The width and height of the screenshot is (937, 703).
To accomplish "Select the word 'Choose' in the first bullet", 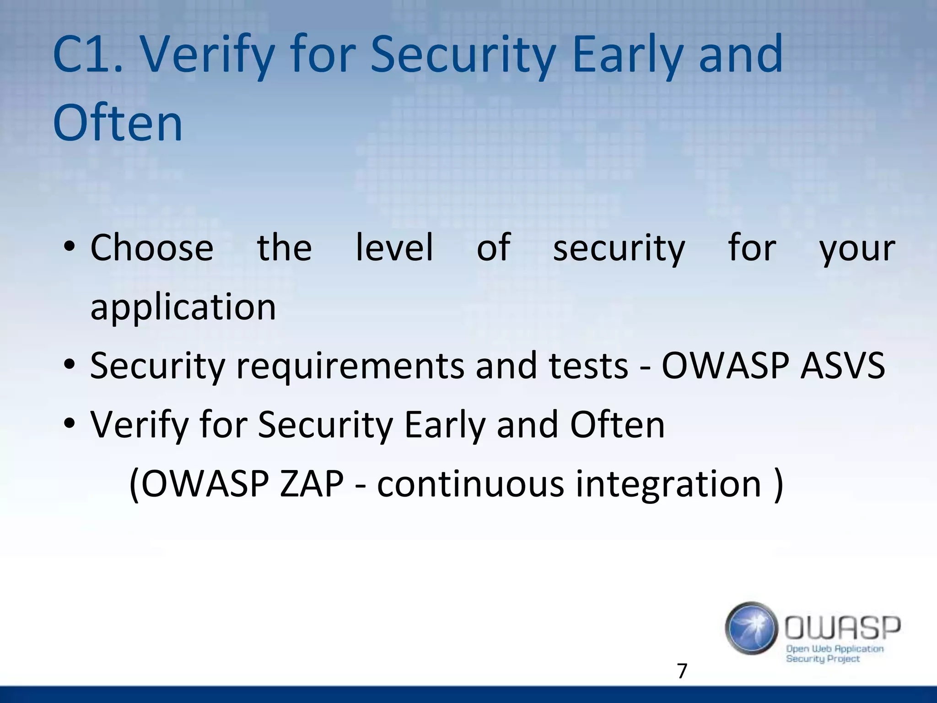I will (x=152, y=248).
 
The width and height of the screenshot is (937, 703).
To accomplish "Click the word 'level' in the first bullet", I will (x=394, y=248).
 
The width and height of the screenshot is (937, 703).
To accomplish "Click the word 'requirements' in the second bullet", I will (x=350, y=366).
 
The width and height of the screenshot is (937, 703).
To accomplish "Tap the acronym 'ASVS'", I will (x=843, y=366).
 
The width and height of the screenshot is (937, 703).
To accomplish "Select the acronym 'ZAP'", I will (x=312, y=484).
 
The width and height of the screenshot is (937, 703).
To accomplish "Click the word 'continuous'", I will (x=470, y=484).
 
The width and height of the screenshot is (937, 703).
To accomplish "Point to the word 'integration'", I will (x=668, y=484).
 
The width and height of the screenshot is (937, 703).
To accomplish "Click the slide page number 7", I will (x=682, y=671).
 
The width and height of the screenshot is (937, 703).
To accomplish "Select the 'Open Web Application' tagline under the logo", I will (x=835, y=649).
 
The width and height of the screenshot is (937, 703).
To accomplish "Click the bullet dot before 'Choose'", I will (x=69, y=248).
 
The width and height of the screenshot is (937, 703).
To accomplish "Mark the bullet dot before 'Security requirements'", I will (x=69, y=366).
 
